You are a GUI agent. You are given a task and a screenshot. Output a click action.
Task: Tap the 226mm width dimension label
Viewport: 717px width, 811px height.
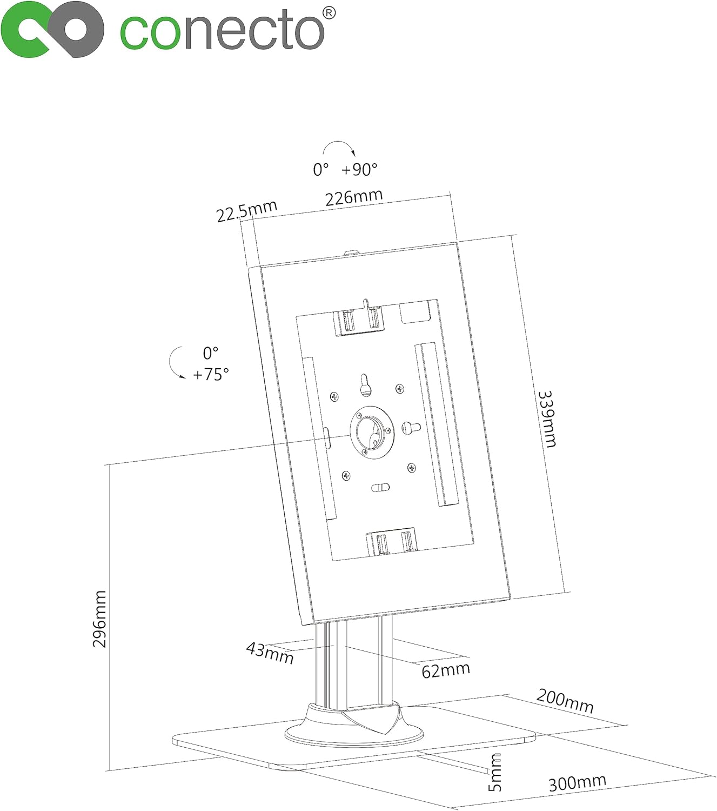(x=354, y=197)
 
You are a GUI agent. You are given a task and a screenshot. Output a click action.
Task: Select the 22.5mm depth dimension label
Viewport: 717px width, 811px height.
(x=246, y=210)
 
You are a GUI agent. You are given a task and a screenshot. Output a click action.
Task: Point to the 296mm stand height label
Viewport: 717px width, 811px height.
(x=99, y=619)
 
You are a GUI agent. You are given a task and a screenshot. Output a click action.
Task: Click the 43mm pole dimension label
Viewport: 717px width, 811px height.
(x=270, y=652)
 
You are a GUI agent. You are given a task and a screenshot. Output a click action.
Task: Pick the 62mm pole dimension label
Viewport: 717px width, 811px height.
(x=445, y=670)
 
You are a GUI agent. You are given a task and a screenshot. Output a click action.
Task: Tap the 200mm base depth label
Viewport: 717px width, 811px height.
(x=565, y=701)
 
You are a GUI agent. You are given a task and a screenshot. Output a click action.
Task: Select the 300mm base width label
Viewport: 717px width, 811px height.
(x=577, y=782)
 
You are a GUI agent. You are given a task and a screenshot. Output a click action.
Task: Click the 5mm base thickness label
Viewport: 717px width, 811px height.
(x=495, y=773)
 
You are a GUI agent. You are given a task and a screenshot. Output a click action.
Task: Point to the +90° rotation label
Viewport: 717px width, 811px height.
(x=359, y=169)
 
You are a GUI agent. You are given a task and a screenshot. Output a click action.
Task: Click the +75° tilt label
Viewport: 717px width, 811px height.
(x=211, y=374)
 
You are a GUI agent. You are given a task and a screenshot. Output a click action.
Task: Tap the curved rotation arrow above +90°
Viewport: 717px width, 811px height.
(x=338, y=148)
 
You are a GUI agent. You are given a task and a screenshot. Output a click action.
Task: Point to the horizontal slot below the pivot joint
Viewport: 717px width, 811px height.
(x=380, y=487)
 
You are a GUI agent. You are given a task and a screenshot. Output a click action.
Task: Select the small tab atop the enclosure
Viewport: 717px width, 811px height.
(x=352, y=252)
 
